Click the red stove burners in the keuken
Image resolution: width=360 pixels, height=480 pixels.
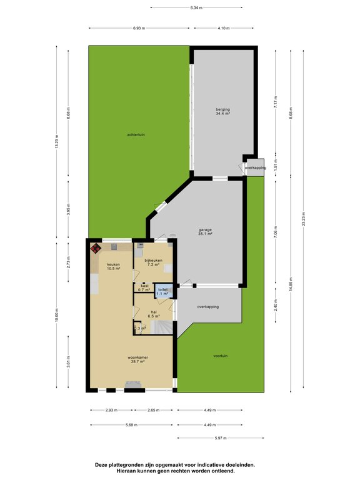(96, 249)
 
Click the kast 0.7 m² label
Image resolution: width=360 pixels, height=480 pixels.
(144, 288)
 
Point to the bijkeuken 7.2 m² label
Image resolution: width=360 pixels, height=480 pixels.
(153, 262)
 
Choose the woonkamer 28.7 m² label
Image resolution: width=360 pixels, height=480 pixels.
(132, 360)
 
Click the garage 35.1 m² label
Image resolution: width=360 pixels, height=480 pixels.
(206, 232)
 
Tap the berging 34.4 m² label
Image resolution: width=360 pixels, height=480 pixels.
(223, 112)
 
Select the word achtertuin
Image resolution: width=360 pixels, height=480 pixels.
(136, 134)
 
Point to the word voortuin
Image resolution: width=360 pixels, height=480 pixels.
(220, 356)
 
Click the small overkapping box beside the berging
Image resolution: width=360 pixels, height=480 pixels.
(256, 167)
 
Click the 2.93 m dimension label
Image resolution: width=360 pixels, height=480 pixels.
(110, 411)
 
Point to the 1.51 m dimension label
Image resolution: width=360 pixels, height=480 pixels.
(275, 167)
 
